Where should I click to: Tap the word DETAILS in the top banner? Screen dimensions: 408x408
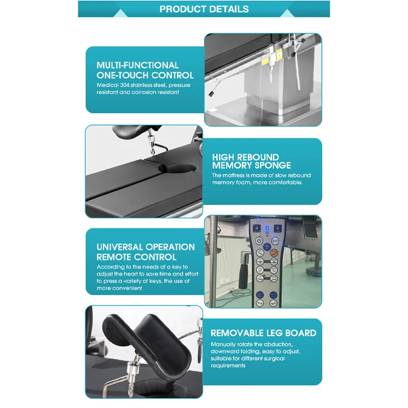(229, 9)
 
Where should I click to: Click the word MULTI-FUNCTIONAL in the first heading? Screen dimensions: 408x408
(138, 65)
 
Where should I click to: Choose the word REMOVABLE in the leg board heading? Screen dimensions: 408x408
(236, 333)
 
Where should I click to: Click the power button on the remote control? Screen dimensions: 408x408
(259, 240)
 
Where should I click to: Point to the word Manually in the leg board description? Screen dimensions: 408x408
(223, 344)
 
